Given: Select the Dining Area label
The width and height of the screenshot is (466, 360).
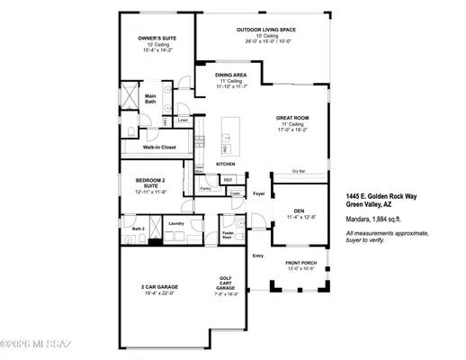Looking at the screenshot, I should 232,75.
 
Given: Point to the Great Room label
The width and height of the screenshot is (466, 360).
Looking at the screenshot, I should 292,117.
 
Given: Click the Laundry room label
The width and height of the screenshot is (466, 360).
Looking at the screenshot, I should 175,223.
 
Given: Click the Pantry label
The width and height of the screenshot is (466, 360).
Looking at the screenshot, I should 205,189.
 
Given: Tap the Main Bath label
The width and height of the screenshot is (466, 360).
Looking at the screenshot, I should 151,99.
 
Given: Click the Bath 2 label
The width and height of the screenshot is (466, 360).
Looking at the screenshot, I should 138,229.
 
